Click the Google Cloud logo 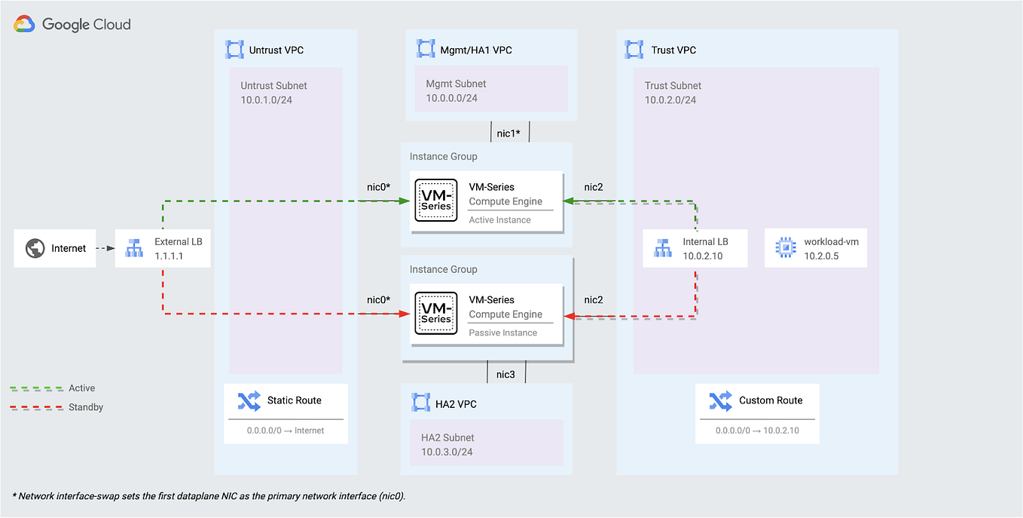(72, 24)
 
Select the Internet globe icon (35, 248)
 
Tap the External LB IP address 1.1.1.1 (169, 256)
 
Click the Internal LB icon (662, 248)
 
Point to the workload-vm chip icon (785, 248)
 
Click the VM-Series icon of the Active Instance (436, 201)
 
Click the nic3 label (505, 373)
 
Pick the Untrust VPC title (276, 51)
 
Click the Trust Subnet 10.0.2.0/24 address (670, 100)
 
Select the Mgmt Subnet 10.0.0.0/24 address (451, 98)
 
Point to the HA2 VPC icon (420, 403)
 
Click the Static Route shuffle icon (249, 400)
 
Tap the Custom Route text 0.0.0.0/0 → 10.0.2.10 (757, 431)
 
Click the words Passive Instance (502, 333)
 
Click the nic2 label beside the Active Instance (594, 187)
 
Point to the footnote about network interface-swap (209, 495)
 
